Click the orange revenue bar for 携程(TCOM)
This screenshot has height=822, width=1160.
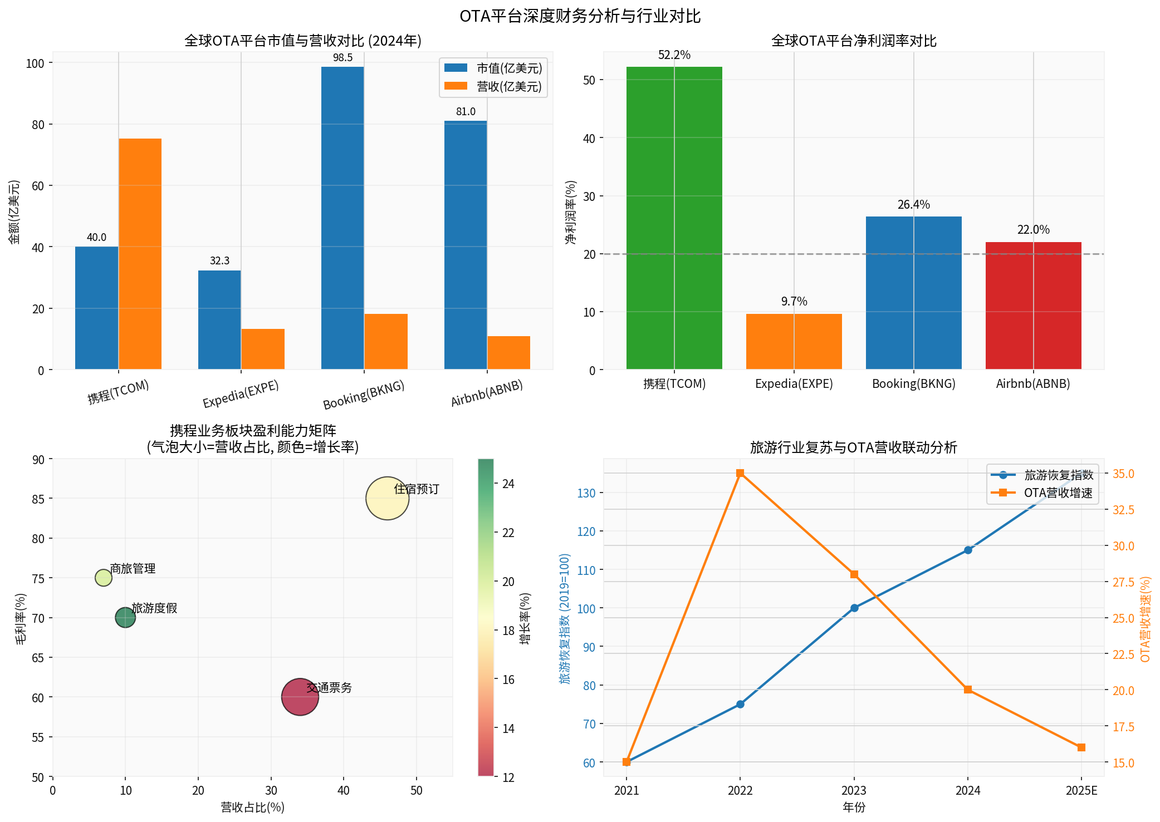pyautogui.click(x=140, y=253)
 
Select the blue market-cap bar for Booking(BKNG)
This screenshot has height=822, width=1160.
pyautogui.click(x=342, y=218)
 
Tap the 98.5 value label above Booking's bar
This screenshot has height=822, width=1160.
pyautogui.click(x=342, y=58)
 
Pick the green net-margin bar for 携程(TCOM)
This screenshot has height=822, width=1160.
pyautogui.click(x=674, y=218)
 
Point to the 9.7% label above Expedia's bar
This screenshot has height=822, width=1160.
pyautogui.click(x=794, y=302)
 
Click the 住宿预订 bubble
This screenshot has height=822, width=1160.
pyautogui.click(x=387, y=498)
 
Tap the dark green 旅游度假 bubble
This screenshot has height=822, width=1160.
pyautogui.click(x=125, y=617)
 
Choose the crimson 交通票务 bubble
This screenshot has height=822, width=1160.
pyautogui.click(x=300, y=697)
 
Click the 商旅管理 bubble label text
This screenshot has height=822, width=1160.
pyautogui.click(x=133, y=569)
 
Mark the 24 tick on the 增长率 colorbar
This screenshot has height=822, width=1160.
pyautogui.click(x=508, y=484)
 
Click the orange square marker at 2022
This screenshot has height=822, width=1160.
pyautogui.click(x=740, y=473)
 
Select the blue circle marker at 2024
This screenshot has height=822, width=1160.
pyautogui.click(x=968, y=550)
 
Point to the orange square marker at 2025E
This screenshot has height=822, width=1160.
pyautogui.click(x=1081, y=747)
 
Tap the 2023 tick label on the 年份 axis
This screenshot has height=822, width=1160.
pyautogui.click(x=854, y=791)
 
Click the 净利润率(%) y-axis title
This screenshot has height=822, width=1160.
pyautogui.click(x=571, y=212)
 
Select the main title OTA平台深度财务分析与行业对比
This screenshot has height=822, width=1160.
pyautogui.click(x=580, y=16)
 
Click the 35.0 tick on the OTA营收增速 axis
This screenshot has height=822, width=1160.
pyautogui.click(x=1123, y=474)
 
